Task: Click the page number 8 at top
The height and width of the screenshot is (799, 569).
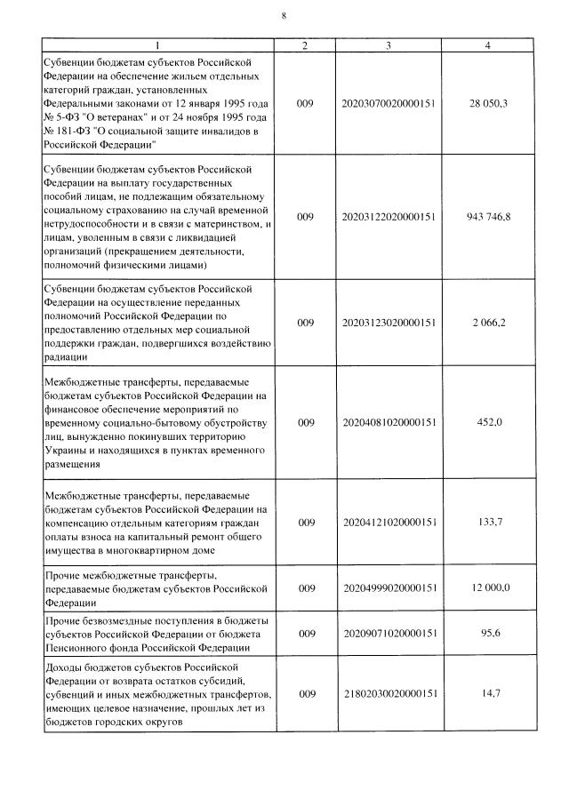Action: tap(284, 16)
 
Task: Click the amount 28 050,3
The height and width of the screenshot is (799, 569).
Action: tap(487, 104)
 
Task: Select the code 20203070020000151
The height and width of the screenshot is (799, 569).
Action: tap(389, 104)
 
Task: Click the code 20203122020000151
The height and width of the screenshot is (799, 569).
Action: tap(389, 216)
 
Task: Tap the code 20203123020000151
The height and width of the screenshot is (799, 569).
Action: tap(389, 322)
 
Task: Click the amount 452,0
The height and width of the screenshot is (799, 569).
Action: tap(490, 422)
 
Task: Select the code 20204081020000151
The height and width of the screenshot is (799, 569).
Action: tap(389, 422)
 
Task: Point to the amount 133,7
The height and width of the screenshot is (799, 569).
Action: tap(490, 522)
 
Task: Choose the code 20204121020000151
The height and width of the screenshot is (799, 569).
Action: tap(389, 522)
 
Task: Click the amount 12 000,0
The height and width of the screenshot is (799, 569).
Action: tap(487, 587)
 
